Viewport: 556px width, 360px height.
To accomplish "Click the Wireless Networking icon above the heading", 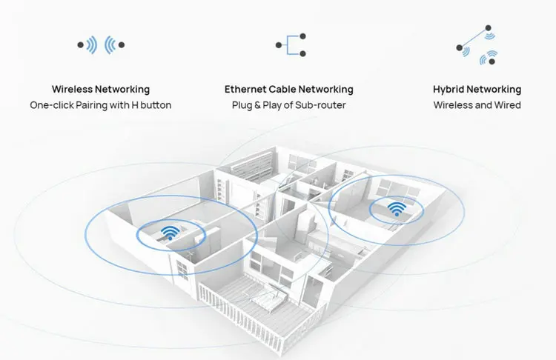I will (x=101, y=45).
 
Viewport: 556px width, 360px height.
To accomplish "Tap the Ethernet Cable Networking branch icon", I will (x=288, y=45).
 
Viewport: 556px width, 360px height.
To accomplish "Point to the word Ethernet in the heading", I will (x=245, y=90).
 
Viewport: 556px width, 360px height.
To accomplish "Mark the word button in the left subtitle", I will (x=156, y=105).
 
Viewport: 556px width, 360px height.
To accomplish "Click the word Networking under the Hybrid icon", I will (x=495, y=90).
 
